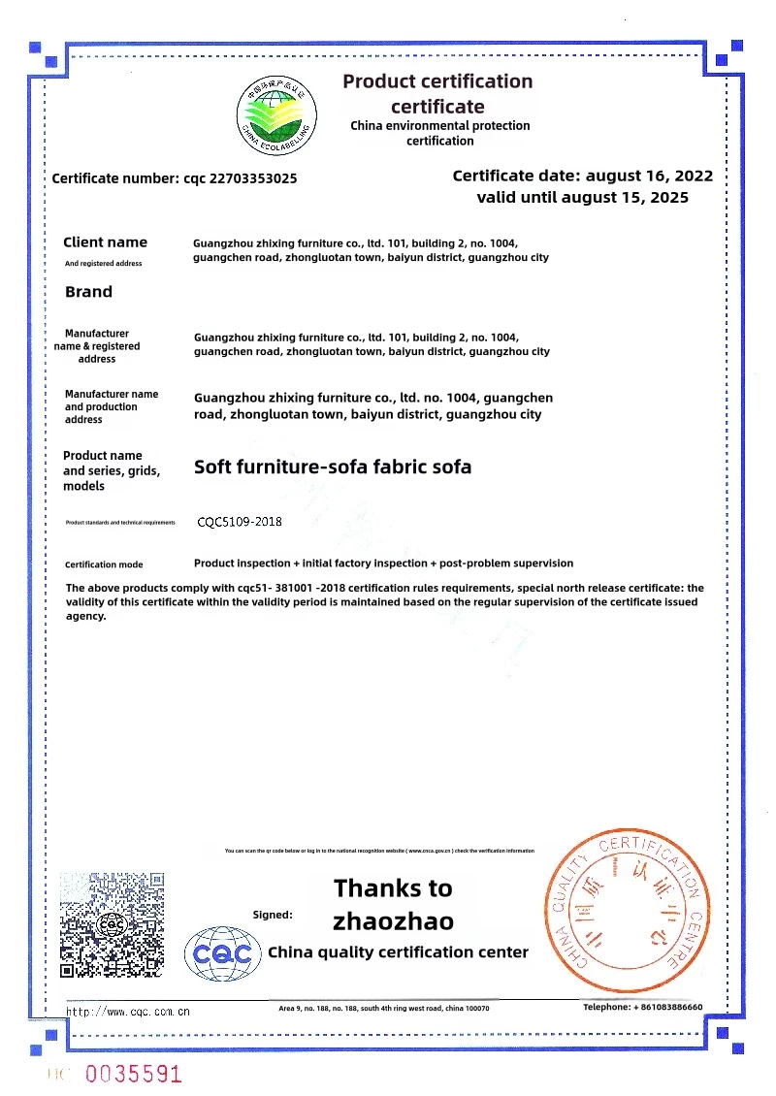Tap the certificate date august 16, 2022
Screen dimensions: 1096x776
pos(583,176)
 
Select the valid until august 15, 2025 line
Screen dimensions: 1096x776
pos(583,197)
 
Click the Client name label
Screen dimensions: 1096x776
pos(105,242)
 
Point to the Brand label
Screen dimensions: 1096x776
pos(88,292)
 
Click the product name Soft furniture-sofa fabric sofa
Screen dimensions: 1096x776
pos(333,467)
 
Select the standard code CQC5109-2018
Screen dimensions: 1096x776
pos(240,522)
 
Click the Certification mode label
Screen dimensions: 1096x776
pos(104,564)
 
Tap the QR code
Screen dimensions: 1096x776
pos(112,924)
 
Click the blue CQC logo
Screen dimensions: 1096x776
pos(223,953)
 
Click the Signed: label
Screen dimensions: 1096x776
pos(273,915)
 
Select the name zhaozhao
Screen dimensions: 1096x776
pos(393,920)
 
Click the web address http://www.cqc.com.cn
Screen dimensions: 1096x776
pos(128,1012)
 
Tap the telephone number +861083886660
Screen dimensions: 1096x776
pos(642,1008)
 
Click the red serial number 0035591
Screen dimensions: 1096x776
pos(134,1074)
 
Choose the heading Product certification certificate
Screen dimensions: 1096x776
pos(437,93)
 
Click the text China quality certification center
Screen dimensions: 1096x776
pos(398,952)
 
